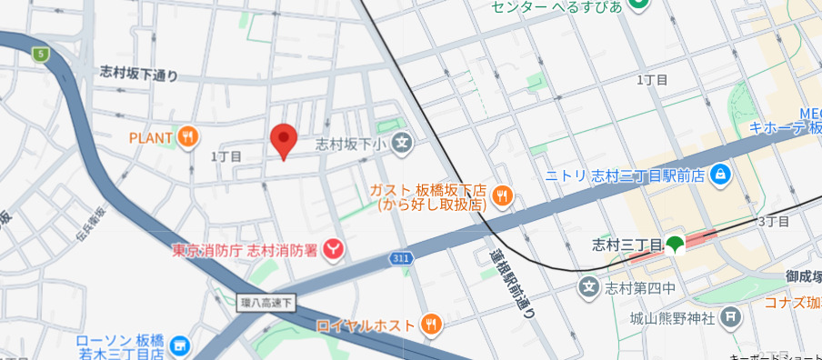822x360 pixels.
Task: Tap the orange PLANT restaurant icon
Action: (188, 137)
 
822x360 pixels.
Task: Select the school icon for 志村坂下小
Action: (404, 143)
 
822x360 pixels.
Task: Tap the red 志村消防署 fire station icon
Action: (335, 247)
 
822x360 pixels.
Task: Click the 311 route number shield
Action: (402, 259)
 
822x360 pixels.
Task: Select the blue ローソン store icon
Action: (179, 345)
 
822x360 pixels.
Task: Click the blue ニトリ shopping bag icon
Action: (720, 173)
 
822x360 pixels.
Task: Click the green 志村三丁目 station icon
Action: (675, 244)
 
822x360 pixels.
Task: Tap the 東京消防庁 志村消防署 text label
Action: (246, 247)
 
